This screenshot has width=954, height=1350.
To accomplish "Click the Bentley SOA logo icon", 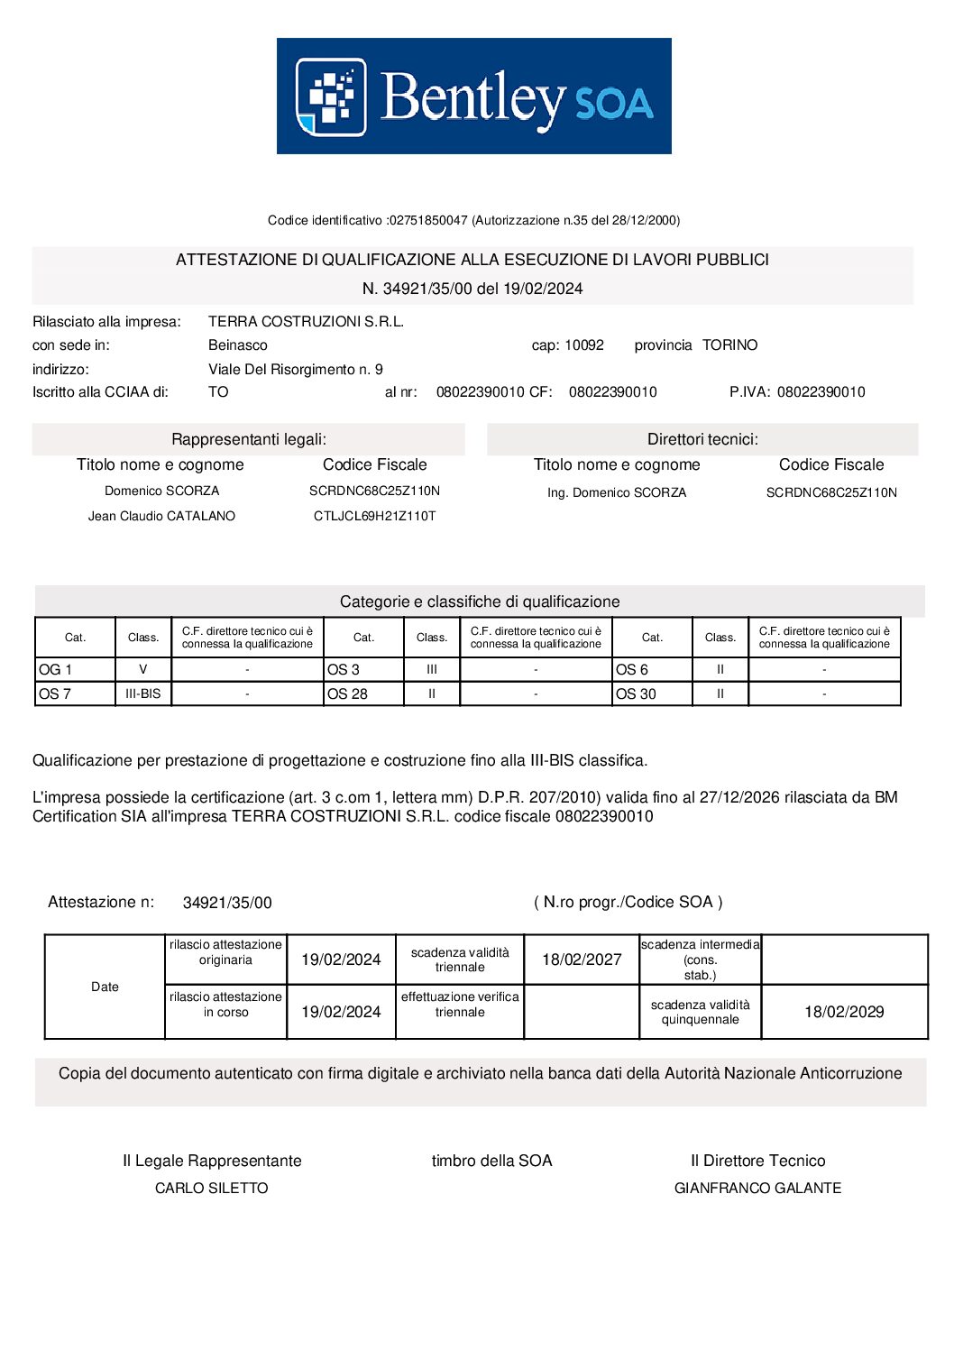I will (331, 96).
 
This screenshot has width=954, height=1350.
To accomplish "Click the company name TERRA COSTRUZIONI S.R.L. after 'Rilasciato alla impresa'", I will (306, 322).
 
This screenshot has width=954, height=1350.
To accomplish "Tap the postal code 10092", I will (584, 345).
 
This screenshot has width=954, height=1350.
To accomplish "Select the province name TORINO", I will (729, 345).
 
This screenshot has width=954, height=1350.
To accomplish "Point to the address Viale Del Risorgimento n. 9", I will (295, 370).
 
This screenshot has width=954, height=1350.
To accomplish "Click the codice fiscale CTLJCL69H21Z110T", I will (374, 517).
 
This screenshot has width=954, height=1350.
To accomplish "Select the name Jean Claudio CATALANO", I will (161, 517).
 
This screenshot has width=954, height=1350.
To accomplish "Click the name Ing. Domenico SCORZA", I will (617, 493).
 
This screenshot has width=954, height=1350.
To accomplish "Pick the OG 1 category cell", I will (75, 670).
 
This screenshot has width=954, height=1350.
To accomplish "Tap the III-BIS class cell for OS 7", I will (143, 694).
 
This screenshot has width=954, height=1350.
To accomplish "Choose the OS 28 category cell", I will (363, 694).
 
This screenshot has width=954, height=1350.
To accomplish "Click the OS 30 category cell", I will (652, 694).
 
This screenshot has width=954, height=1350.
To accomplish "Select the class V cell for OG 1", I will (143, 670).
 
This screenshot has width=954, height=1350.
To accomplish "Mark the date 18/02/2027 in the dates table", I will (582, 960).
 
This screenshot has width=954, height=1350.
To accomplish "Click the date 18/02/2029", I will (844, 1013).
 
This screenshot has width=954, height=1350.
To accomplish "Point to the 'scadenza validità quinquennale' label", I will (700, 1013).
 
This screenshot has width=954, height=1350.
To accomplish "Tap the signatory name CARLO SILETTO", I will (212, 1189).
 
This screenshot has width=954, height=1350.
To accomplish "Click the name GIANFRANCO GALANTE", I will (757, 1189).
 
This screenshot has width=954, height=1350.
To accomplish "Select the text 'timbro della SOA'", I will (491, 1162).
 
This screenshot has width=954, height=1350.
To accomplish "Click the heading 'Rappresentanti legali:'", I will (249, 440).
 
